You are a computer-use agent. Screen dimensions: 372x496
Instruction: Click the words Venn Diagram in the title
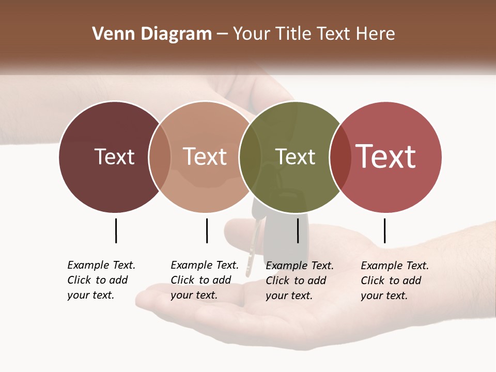click(152, 34)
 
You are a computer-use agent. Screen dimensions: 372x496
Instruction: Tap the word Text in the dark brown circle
click(114, 157)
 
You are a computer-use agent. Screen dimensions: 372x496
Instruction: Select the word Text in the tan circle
click(205, 157)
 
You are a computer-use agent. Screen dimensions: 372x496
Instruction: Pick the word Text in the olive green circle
click(295, 157)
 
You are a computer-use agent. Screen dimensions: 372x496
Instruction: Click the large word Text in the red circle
click(386, 156)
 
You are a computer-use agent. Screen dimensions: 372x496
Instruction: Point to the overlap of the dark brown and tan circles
click(160, 157)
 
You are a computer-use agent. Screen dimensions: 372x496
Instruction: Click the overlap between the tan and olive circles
click(250, 157)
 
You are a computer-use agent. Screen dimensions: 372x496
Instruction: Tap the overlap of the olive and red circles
click(340, 157)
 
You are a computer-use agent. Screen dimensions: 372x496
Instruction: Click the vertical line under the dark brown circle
click(116, 230)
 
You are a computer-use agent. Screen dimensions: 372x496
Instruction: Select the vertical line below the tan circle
click(207, 230)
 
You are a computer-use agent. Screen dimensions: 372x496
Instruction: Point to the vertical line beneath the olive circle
click(298, 230)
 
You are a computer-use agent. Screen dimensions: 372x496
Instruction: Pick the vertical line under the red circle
click(384, 230)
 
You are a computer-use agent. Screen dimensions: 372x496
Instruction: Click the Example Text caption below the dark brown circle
click(101, 280)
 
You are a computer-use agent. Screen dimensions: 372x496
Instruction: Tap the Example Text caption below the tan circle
click(204, 280)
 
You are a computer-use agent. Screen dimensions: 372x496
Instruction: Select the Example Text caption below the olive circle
click(299, 281)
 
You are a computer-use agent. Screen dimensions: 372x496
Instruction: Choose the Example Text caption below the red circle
click(394, 281)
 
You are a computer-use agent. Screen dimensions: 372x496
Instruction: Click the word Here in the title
click(375, 34)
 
